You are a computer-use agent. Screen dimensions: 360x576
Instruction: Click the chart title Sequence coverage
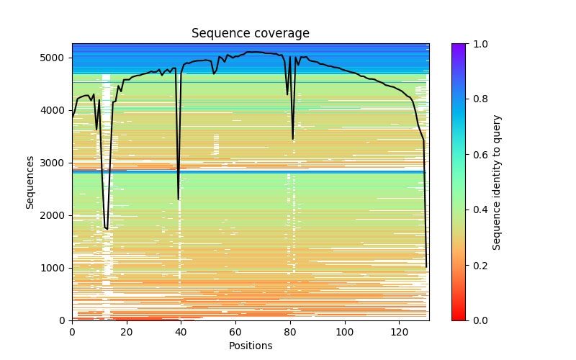coord(250,34)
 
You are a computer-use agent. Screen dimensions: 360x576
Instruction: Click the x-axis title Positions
coord(250,346)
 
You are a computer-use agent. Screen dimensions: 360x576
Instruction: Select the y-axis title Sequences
coord(30,182)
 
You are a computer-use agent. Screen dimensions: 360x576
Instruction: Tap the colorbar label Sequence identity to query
coord(497,182)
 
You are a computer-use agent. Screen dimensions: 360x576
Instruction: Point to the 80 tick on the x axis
coord(290,320)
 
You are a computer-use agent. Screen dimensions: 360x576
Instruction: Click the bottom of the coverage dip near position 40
coord(179,199)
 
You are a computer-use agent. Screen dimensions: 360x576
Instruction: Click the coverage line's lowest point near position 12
coord(107,229)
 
